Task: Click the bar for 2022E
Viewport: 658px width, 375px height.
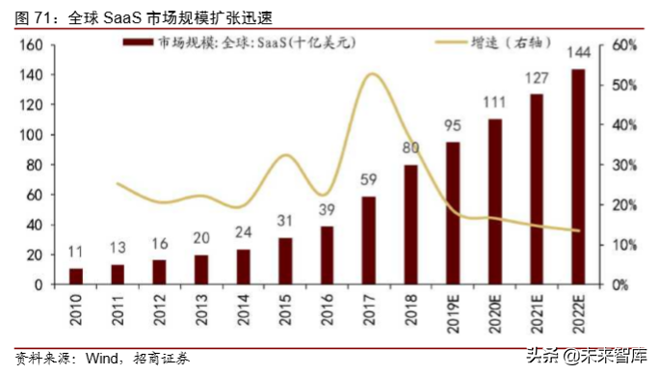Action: pyautogui.click(x=578, y=176)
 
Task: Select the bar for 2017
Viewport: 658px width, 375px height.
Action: pyautogui.click(x=369, y=240)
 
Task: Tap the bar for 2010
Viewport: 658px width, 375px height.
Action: pyautogui.click(x=77, y=276)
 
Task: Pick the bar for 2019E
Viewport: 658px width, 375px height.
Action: pyautogui.click(x=453, y=213)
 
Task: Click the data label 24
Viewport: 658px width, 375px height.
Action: pyautogui.click(x=244, y=232)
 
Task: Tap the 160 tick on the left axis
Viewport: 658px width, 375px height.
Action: pyautogui.click(x=29, y=45)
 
